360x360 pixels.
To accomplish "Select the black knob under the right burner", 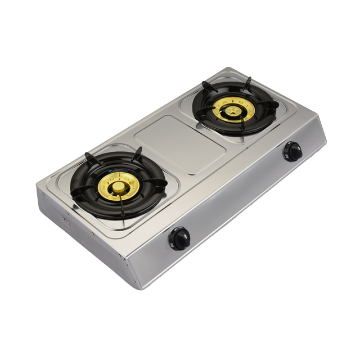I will [x=292, y=151].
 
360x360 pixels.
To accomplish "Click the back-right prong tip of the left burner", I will [x=137, y=152].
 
